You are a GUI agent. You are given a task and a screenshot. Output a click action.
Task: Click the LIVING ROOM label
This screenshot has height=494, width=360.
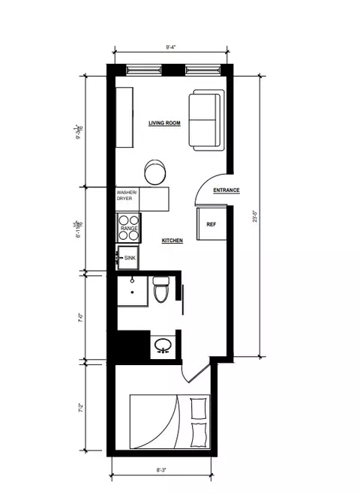coord(165,122)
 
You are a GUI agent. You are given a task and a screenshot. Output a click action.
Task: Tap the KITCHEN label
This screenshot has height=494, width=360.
coord(172,241)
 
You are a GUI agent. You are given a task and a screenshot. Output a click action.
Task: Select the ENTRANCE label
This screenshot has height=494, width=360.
coord(226,190)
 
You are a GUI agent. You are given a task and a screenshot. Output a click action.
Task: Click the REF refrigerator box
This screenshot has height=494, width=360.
coord(211,224)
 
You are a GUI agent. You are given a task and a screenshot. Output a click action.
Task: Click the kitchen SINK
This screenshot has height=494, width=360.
coord(129,257)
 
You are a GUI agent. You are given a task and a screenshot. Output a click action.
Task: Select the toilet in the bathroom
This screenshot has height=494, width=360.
coord(160,289)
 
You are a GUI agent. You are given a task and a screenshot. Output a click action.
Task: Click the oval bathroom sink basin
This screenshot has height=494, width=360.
coord(163,346)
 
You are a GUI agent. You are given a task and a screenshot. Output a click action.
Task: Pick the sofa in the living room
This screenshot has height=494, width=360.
coord(205,120)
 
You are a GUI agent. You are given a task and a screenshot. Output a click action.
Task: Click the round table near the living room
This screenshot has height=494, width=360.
coord(156,172)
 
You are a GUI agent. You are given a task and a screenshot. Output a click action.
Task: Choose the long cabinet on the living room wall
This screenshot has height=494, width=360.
coord(124,118)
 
